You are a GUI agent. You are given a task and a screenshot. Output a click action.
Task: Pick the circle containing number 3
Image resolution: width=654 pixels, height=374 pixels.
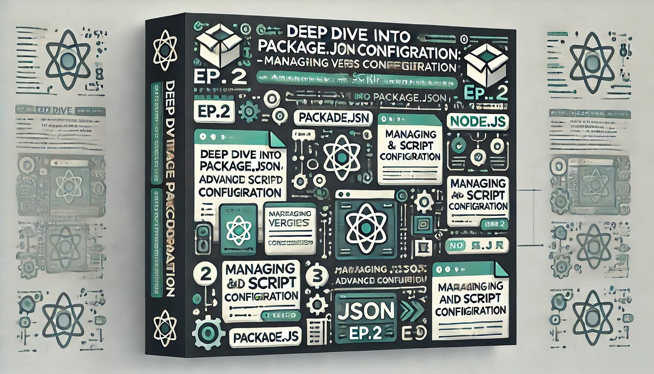(316, 275)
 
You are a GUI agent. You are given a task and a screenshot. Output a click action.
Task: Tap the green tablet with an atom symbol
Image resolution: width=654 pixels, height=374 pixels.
(238, 229)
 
